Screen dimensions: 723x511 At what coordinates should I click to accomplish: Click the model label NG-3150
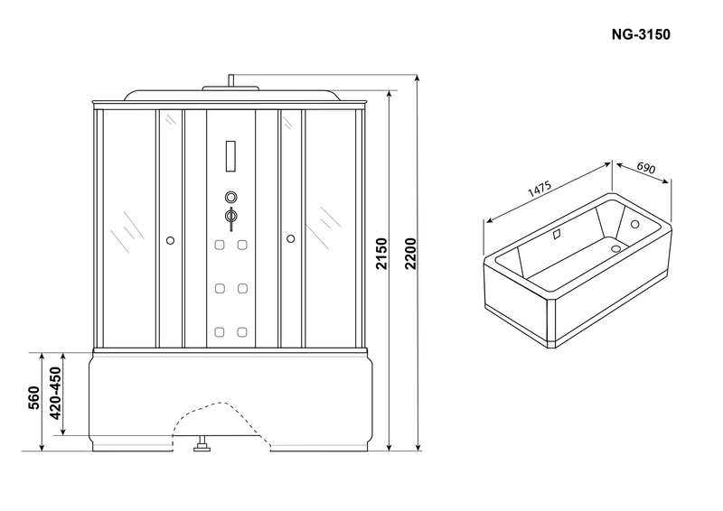coord(641,34)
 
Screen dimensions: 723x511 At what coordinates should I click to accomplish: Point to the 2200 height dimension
coord(410,254)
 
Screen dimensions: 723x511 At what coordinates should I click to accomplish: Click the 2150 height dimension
coord(381,254)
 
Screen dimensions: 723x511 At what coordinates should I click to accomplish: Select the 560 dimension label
coord(34,398)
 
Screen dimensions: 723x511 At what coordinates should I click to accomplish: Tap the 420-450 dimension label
coord(55,393)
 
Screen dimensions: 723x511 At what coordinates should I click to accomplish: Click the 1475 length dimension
coord(540,189)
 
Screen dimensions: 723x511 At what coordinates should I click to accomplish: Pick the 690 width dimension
coord(646,168)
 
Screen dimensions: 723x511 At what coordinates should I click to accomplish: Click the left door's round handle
coord(170,240)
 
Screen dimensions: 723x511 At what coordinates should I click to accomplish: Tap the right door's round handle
coord(290,238)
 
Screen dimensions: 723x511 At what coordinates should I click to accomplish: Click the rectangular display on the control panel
coord(230,156)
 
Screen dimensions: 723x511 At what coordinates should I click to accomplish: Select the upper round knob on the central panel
coord(231,198)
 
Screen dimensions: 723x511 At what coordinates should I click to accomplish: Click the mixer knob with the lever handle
coord(231,217)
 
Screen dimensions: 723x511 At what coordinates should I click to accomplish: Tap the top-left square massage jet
coord(220,245)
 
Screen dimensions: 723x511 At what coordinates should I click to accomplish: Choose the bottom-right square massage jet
coord(242,331)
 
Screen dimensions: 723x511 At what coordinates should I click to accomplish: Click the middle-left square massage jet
coord(220,288)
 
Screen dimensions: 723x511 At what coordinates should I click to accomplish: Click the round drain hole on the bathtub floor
coord(616,248)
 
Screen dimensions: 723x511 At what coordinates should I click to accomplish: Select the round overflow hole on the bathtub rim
coord(635,225)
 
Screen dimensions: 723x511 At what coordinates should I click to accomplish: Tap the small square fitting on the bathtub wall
coord(557,234)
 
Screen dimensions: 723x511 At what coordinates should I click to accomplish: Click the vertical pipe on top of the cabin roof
coord(231,80)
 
